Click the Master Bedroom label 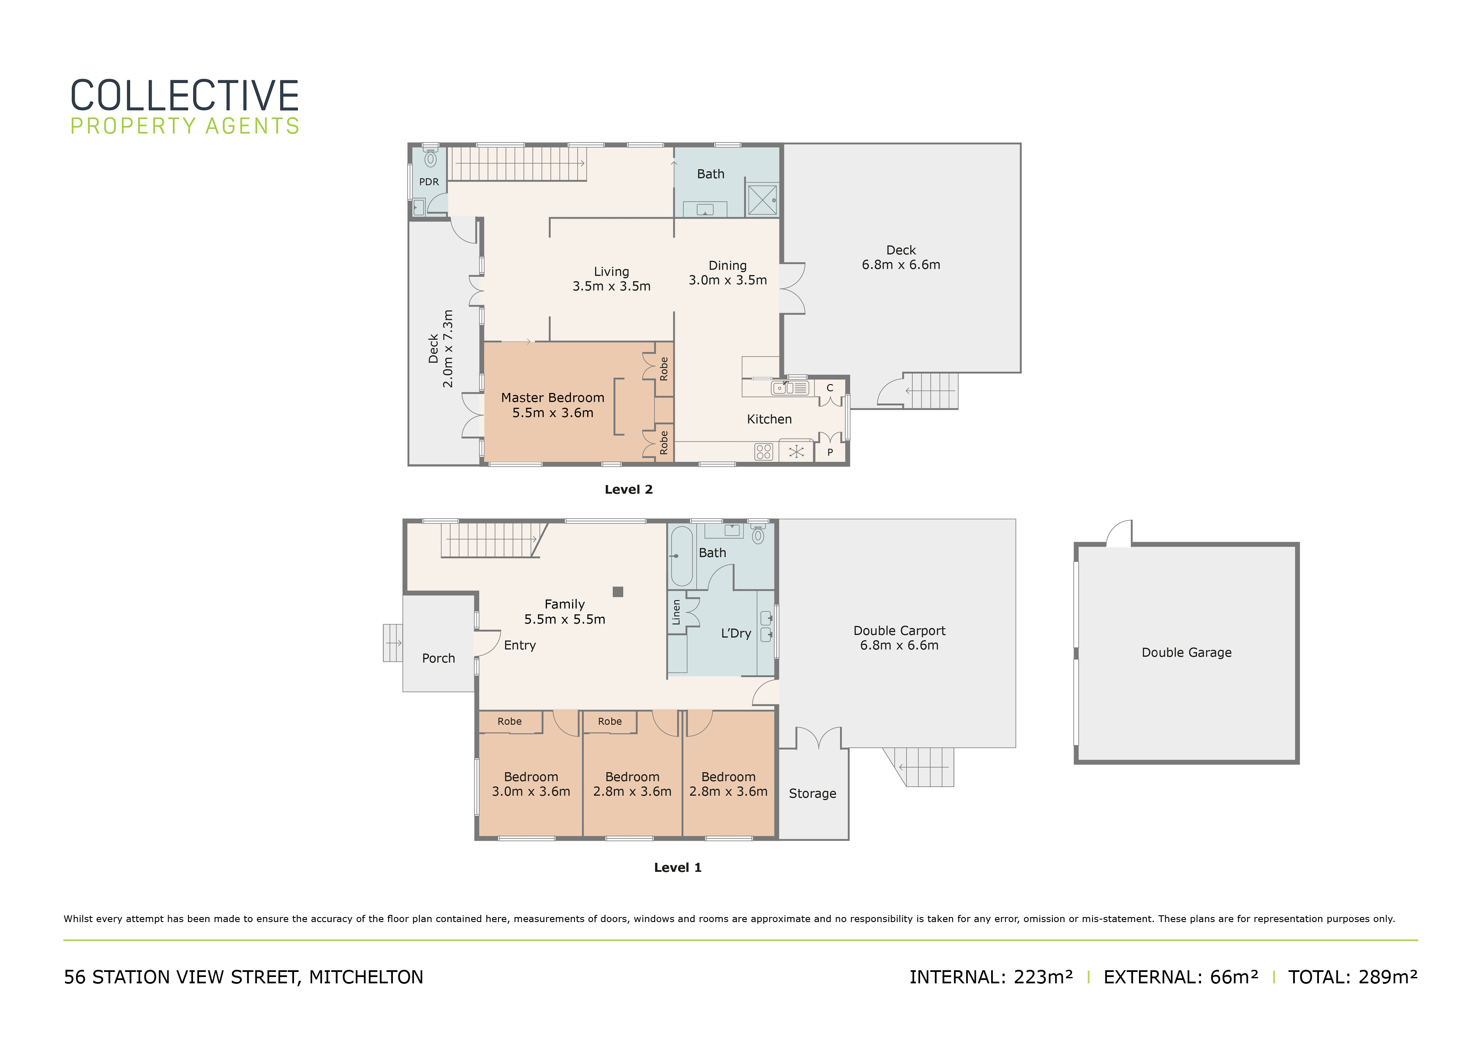[x=553, y=398]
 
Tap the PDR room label [x=429, y=182]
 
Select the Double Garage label [x=1186, y=653]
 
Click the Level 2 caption [x=629, y=489]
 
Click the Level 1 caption [x=678, y=868]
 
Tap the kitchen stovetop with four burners [x=763, y=451]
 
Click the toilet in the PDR [x=430, y=158]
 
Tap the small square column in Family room [x=618, y=592]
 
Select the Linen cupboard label [x=676, y=612]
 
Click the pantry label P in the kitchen [x=830, y=453]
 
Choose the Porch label [x=438, y=659]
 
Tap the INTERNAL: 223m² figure [x=991, y=977]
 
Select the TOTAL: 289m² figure [x=1353, y=977]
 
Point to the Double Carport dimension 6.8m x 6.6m [x=899, y=645]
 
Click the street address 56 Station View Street [x=243, y=977]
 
